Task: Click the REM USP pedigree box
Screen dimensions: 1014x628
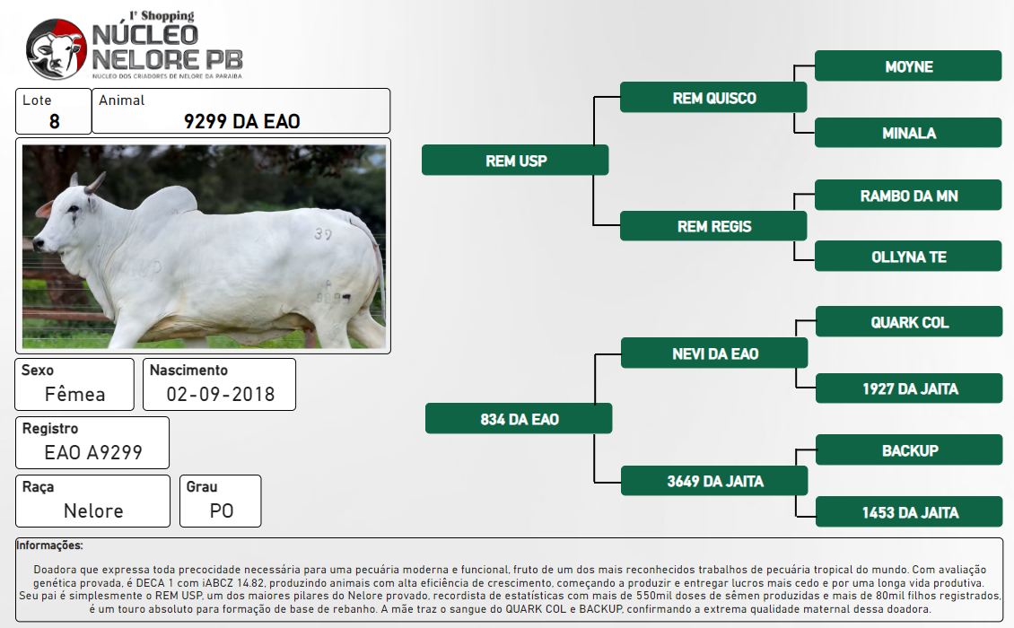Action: (x=515, y=161)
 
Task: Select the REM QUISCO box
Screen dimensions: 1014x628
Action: (x=713, y=98)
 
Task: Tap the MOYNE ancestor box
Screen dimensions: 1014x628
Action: (x=908, y=66)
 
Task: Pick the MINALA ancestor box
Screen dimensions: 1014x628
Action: (x=908, y=134)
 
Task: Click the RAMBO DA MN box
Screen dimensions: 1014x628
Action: (x=908, y=196)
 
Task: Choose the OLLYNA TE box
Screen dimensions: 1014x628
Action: (x=908, y=256)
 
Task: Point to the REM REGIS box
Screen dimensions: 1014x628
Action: (x=713, y=226)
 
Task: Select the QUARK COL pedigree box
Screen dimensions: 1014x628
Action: (x=909, y=322)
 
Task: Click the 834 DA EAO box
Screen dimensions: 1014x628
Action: (x=519, y=418)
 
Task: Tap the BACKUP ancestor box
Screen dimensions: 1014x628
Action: (x=909, y=450)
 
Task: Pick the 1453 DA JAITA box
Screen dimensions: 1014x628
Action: (x=909, y=511)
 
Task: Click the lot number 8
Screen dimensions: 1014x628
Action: (x=55, y=121)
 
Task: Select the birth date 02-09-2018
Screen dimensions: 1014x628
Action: (x=221, y=394)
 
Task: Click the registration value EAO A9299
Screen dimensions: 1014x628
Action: (x=93, y=452)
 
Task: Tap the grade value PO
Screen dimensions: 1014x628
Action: (x=221, y=511)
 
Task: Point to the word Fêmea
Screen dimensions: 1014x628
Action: (x=74, y=393)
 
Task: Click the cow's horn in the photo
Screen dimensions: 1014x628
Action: (x=93, y=183)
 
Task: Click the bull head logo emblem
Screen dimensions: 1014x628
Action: (x=57, y=49)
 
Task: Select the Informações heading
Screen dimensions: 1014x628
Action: (x=49, y=545)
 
